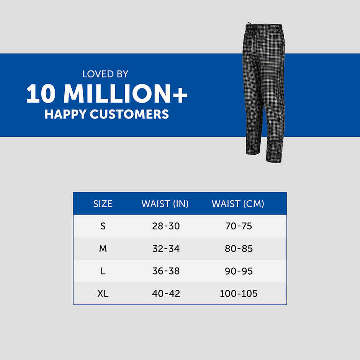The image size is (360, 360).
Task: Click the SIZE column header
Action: click(x=103, y=204)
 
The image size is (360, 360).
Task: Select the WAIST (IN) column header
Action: click(x=165, y=204)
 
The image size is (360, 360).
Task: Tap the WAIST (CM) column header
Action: click(x=238, y=204)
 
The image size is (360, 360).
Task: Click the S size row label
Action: click(x=103, y=226)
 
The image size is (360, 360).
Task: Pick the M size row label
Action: click(x=103, y=249)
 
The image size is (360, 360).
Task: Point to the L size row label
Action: click(x=103, y=271)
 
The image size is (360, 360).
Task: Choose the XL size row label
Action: click(x=103, y=294)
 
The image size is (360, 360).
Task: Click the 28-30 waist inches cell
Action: click(x=166, y=226)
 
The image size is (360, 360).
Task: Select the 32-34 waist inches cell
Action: click(x=166, y=249)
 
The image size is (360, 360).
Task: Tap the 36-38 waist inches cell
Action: click(x=166, y=271)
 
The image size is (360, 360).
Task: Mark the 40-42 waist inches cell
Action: click(x=166, y=294)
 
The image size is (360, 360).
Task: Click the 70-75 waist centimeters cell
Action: click(x=239, y=226)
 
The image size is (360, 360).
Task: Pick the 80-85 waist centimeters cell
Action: click(x=239, y=249)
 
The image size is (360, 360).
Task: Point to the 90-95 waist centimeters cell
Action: click(x=239, y=271)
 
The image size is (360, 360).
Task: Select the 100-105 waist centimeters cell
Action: click(x=239, y=294)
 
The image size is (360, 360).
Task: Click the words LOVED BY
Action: click(x=105, y=74)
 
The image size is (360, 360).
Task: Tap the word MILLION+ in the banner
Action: click(x=125, y=93)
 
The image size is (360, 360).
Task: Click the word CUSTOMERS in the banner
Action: click(x=129, y=114)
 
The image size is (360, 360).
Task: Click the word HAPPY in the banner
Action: click(x=65, y=114)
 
